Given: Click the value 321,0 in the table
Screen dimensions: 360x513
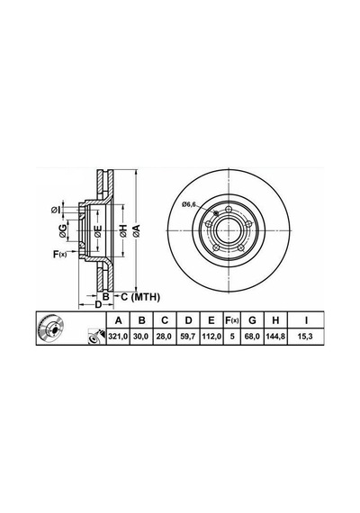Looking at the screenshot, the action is [x=119, y=337].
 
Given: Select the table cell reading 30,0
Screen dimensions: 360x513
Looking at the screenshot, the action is [x=141, y=337].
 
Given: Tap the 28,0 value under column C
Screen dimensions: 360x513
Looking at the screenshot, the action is [x=165, y=337].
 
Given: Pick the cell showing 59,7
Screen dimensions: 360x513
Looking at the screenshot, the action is [x=188, y=337].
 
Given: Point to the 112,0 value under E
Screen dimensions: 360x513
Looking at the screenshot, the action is [x=211, y=337].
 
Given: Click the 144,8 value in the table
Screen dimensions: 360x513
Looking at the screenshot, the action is [x=275, y=337].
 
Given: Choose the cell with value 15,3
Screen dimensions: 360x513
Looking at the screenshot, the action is [x=306, y=337].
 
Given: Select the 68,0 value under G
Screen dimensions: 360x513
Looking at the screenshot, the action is [x=252, y=337].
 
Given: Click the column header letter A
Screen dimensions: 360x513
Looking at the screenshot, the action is [x=119, y=320].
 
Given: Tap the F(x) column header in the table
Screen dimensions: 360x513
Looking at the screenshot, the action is [x=232, y=320].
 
